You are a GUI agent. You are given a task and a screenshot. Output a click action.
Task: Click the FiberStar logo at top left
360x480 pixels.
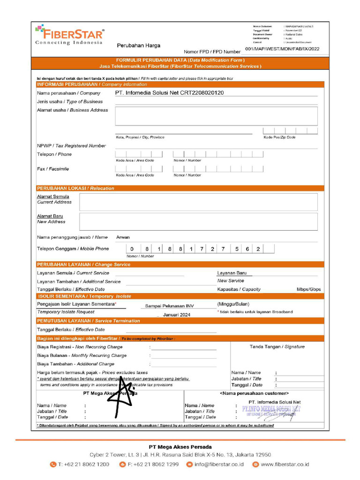[69, 35]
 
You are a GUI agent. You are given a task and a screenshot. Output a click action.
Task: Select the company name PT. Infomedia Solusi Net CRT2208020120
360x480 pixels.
[169, 93]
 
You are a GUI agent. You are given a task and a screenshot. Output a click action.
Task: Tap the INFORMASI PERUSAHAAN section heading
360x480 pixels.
[92, 84]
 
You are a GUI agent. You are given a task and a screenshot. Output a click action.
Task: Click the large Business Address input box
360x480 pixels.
[216, 116]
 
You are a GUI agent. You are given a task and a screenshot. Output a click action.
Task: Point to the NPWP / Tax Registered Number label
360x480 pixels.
[71, 146]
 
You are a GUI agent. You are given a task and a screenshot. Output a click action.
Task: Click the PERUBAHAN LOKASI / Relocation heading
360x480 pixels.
[75, 188]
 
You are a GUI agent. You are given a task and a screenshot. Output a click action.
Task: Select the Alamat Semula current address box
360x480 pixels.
[198, 202]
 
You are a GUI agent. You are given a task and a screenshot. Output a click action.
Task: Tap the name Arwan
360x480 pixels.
[123, 237]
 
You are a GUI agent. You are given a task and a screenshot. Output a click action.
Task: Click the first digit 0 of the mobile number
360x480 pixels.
[132, 249]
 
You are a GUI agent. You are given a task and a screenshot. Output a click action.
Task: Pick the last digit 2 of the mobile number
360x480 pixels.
[258, 249]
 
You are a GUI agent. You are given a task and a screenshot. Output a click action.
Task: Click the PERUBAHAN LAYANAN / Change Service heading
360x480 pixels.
[83, 264]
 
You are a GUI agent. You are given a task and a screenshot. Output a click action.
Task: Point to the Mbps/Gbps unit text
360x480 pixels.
[308, 289]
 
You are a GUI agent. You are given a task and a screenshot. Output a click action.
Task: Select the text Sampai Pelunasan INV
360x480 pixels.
[169, 306]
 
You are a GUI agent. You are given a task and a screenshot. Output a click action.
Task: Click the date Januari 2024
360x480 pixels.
[177, 315]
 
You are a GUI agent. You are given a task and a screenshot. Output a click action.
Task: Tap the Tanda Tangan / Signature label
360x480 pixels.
[277, 347]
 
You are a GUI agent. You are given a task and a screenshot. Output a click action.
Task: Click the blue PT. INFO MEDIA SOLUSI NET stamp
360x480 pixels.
[271, 410]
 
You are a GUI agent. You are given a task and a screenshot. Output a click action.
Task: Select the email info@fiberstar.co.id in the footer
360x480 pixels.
[219, 465]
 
